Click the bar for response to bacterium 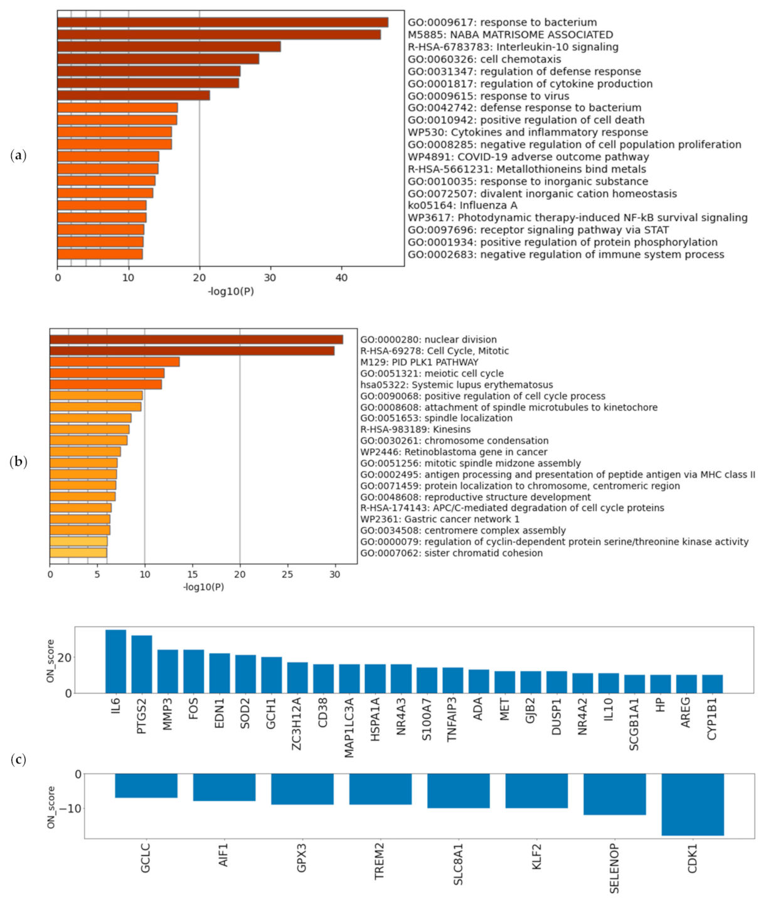click(222, 23)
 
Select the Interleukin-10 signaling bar click(169, 47)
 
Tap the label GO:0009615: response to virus click(488, 96)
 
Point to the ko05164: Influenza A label click(462, 206)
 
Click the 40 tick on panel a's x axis click(341, 278)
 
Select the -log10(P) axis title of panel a click(231, 291)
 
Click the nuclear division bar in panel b click(196, 340)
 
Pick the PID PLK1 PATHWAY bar click(114, 362)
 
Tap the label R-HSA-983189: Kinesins click(415, 430)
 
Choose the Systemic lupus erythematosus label click(456, 385)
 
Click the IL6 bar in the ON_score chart click(116, 662)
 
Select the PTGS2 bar click(142, 665)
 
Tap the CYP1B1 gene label click(712, 719)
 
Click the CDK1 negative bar click(693, 804)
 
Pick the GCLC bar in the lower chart click(146, 786)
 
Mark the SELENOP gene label click(614, 868)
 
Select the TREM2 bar click(380, 789)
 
